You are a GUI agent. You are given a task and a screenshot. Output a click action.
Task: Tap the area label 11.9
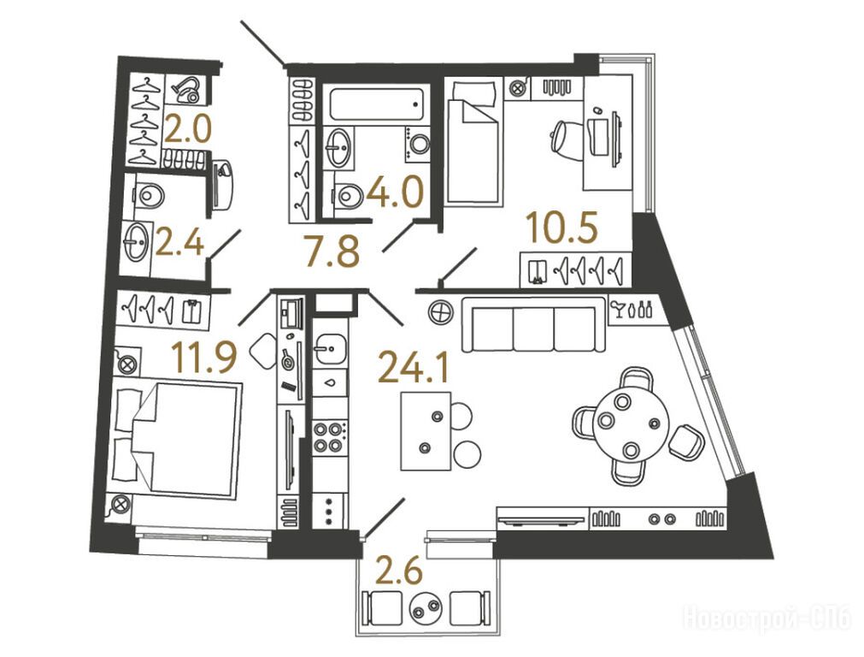[x=204, y=357]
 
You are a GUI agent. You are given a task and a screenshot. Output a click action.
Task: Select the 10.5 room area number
[x=561, y=228]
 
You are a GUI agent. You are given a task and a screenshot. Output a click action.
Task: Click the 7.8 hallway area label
[x=332, y=251]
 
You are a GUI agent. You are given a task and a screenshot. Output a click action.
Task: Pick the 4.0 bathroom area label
[x=395, y=192]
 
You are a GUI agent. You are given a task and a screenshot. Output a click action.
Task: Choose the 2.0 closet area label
[x=187, y=130]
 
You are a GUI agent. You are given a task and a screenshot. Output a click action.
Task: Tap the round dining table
[x=631, y=423]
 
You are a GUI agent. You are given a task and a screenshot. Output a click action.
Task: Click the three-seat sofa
[x=534, y=324]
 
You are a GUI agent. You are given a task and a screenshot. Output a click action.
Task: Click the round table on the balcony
[x=426, y=608]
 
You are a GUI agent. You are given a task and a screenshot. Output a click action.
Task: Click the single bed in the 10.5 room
[x=474, y=141]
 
